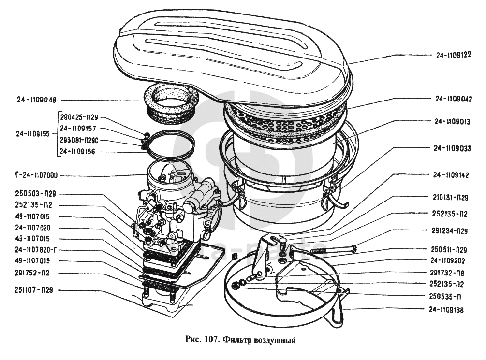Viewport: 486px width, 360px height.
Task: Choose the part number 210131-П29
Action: (449, 198)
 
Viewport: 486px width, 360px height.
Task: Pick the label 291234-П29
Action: (449, 231)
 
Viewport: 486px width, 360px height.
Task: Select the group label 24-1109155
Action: (32, 134)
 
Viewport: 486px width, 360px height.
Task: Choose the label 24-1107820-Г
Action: (36, 250)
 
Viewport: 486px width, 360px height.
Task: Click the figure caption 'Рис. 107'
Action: (203, 340)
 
